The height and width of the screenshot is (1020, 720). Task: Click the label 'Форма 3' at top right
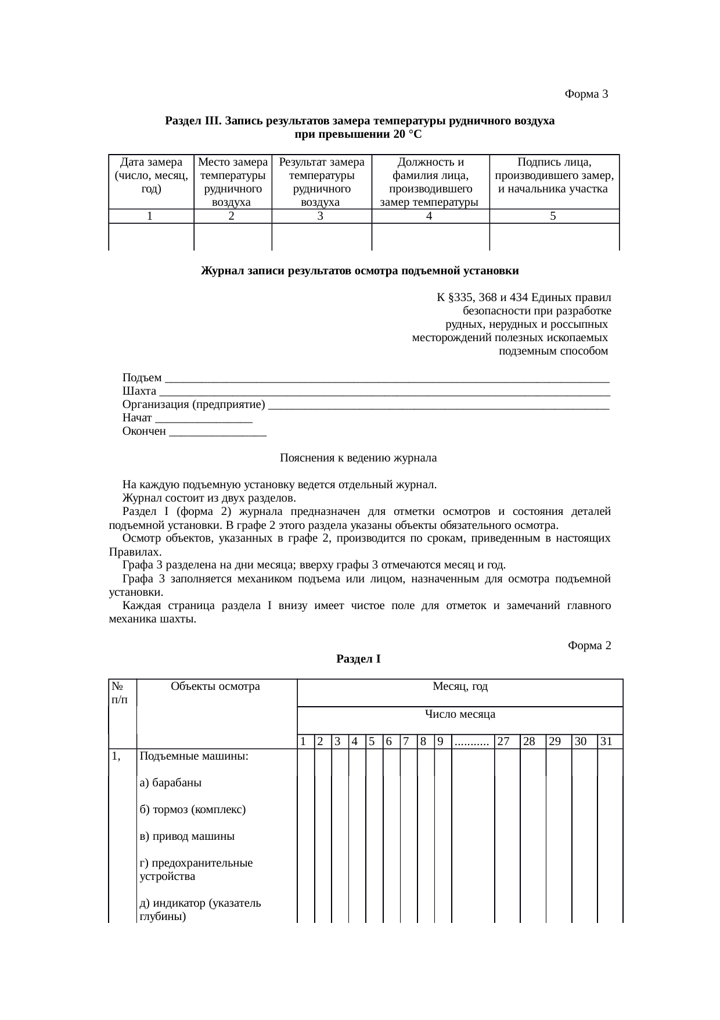tap(586, 94)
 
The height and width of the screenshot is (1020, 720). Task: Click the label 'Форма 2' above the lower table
tap(589, 646)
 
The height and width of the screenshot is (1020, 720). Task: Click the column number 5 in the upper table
tap(553, 216)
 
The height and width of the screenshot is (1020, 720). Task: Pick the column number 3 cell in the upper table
tap(321, 216)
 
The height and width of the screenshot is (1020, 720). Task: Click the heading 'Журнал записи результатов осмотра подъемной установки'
tap(359, 271)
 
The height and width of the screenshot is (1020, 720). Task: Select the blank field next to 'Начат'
tap(204, 418)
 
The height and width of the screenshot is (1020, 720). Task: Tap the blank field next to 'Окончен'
tap(217, 431)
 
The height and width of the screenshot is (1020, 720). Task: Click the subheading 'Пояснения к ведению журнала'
tap(358, 458)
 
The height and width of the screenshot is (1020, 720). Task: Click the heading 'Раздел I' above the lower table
tap(358, 659)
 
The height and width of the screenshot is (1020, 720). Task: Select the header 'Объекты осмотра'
tap(215, 686)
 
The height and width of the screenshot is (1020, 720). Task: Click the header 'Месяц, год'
tap(460, 686)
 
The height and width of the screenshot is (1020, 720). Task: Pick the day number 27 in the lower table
tap(503, 742)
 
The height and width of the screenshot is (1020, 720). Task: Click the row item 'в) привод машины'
tap(187, 836)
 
